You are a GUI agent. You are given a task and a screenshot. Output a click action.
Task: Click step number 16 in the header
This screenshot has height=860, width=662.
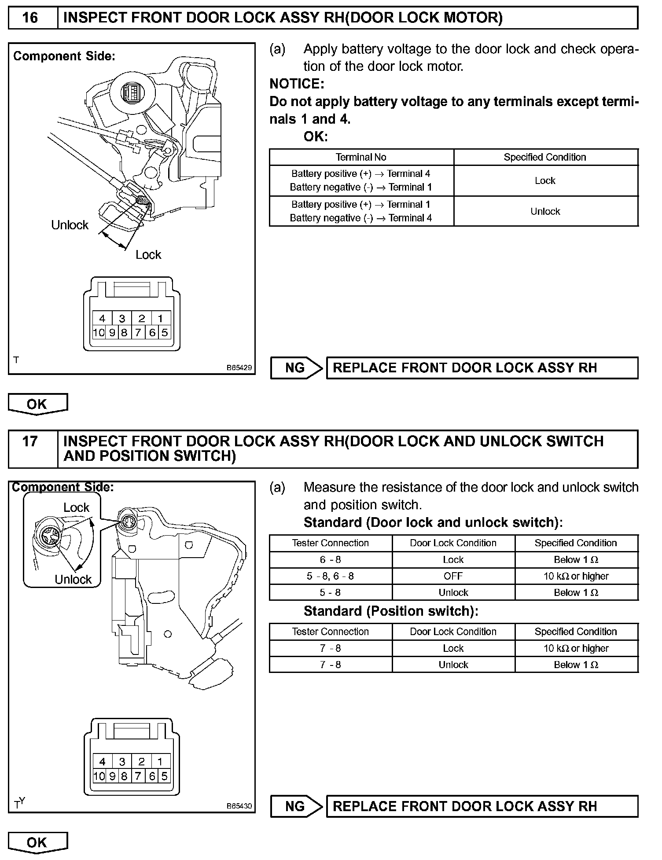[x=30, y=18]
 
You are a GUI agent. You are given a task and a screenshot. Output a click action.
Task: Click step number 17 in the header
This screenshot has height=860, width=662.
[x=30, y=441]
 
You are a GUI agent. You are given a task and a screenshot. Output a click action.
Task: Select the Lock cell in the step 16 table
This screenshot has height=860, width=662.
[x=545, y=180]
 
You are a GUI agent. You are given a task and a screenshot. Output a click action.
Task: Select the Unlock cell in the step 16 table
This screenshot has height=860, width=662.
[x=545, y=211]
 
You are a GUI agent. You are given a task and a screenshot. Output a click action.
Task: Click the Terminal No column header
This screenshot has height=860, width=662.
[x=361, y=157]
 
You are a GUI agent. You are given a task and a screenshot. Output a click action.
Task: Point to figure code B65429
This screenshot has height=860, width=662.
[x=239, y=368]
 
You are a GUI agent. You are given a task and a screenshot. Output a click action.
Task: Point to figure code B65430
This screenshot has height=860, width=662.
[x=239, y=806]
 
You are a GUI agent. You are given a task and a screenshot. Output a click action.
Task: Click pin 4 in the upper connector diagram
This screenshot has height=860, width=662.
[x=102, y=318]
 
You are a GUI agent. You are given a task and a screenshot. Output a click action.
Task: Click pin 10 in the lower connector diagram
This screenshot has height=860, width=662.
[x=99, y=776]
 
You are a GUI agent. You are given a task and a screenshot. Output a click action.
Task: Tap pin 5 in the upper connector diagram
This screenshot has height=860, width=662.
[x=165, y=332]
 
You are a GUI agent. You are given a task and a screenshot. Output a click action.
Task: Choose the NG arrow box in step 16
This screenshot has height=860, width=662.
[x=296, y=368]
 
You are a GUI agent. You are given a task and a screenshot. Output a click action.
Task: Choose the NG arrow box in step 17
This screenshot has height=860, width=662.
[x=296, y=806]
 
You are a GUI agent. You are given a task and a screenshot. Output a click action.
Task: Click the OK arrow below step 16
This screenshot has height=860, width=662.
[x=37, y=404]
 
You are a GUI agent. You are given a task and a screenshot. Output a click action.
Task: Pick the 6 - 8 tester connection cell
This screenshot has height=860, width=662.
[x=330, y=559]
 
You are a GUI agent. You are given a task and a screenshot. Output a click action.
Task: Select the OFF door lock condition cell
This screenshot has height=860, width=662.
[x=453, y=576]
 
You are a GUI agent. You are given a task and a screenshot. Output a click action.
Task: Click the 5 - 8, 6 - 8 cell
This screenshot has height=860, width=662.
[x=330, y=576]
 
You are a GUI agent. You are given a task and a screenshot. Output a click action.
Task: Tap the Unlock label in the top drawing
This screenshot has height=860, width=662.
[x=70, y=225]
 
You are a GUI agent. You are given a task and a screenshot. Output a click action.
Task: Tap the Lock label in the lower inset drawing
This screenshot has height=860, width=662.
[x=76, y=507]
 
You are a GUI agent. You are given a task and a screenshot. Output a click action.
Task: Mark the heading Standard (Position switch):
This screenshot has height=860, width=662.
[x=391, y=611]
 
